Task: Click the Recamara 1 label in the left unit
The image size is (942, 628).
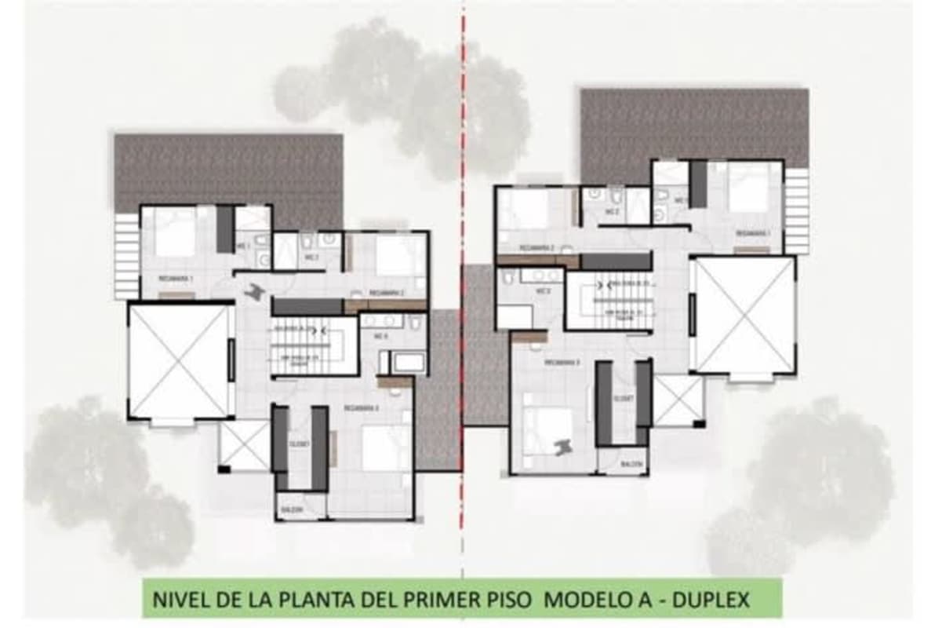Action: tap(173, 279)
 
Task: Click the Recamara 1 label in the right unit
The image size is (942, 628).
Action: tap(751, 233)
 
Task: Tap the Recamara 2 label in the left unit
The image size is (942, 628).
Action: tap(386, 292)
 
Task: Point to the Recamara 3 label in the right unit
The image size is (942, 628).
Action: tap(561, 363)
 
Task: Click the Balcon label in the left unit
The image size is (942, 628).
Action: tap(291, 510)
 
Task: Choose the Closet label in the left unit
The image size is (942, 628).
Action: tap(300, 444)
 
